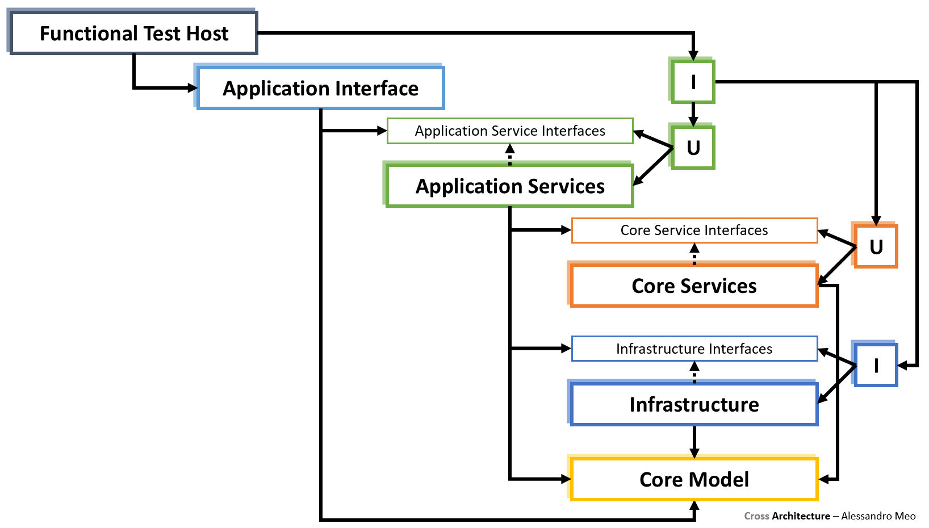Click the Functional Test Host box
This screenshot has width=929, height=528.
134,33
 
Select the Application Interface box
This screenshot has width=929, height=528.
320,88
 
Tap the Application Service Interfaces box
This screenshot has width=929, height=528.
509,131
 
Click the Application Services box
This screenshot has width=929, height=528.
509,186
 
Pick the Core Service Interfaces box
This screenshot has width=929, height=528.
694,230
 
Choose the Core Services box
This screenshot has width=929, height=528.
694,286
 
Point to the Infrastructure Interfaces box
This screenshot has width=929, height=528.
694,349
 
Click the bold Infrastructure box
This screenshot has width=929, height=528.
694,404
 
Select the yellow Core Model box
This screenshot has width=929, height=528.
694,479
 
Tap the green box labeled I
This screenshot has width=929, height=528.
693,82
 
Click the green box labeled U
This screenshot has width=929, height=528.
693,148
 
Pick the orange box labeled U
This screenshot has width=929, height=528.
876,246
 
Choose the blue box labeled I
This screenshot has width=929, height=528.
876,366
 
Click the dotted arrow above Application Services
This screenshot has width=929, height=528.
510,154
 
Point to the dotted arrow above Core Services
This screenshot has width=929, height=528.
694,254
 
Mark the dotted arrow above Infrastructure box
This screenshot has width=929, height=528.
694,372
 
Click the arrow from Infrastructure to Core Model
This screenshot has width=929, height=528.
694,442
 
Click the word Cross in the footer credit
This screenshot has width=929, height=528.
756,516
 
